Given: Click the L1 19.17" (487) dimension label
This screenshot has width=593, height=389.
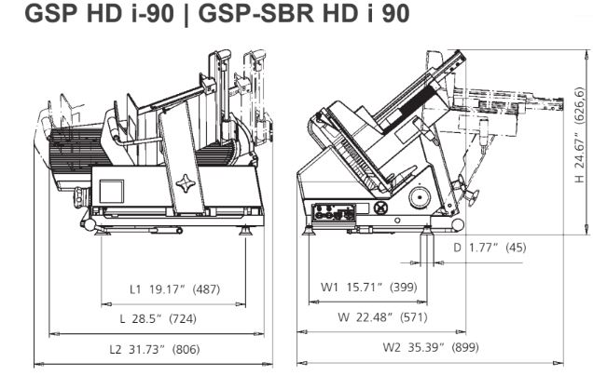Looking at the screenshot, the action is click(x=174, y=289).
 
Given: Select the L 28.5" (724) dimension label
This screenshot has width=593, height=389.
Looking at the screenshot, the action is click(x=159, y=319).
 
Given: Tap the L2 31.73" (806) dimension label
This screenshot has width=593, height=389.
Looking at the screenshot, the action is click(x=154, y=349).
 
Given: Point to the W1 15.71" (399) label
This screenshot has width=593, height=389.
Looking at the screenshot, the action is click(x=368, y=288).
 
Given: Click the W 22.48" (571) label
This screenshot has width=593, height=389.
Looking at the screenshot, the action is click(x=382, y=317).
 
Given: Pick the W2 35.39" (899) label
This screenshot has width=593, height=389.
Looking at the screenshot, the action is click(x=431, y=347).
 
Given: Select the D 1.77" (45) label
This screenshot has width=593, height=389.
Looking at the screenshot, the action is click(x=490, y=248).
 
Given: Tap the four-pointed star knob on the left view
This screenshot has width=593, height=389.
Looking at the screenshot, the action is click(x=186, y=183).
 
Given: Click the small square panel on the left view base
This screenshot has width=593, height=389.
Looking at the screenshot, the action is click(x=112, y=192).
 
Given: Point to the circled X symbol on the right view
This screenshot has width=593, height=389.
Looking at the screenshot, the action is click(x=380, y=208).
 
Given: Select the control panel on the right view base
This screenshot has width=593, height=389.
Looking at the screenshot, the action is click(x=333, y=213).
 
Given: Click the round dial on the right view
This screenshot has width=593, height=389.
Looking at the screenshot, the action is click(x=421, y=196).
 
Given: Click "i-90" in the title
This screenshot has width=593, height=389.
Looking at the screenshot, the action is click(x=153, y=14).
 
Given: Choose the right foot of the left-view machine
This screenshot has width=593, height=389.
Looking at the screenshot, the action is click(x=246, y=230).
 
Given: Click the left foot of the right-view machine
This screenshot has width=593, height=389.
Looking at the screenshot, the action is click(x=309, y=230).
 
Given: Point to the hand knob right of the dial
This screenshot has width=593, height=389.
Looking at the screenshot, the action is click(x=467, y=192).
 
